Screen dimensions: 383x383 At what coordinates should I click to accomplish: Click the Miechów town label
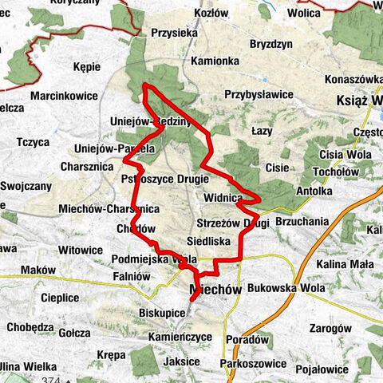tap(215, 289)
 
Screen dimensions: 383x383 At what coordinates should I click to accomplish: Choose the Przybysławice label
tap(259, 94)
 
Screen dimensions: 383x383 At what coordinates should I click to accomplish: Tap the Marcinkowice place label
tap(64, 96)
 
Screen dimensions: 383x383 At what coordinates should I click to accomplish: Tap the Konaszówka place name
tap(353, 80)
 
